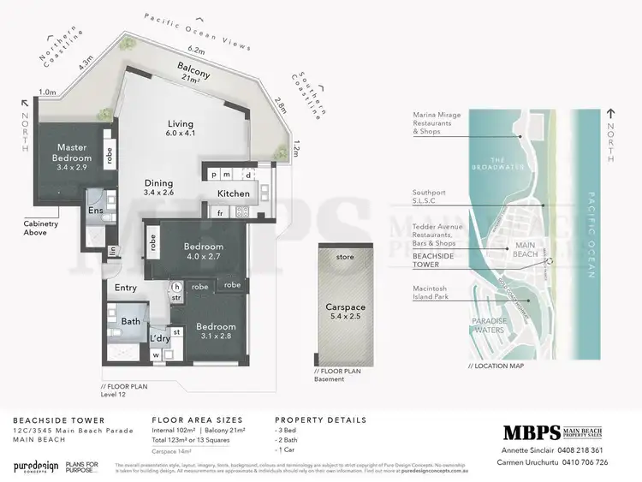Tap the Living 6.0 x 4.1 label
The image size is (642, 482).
click(181, 128)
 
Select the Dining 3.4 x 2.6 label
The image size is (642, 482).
click(158, 187)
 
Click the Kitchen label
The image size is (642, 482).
click(233, 193)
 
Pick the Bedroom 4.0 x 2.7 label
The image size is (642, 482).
click(204, 252)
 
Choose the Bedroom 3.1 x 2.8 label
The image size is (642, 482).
click(217, 331)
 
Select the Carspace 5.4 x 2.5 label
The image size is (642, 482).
click(346, 311)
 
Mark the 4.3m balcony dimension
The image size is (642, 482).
click(85, 62)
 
